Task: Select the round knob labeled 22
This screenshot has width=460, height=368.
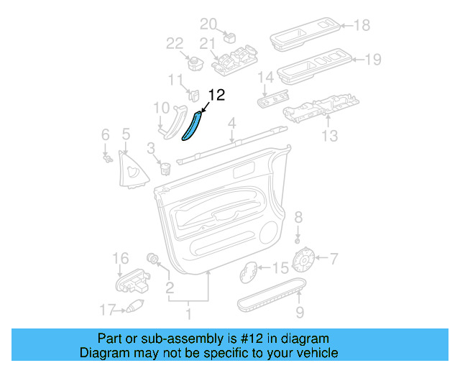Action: click(x=193, y=61)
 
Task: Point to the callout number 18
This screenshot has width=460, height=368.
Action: click(x=362, y=26)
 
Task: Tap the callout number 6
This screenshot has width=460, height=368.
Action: click(x=105, y=134)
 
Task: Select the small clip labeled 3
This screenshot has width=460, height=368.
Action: click(x=165, y=169)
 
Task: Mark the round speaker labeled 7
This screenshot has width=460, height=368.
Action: click(x=307, y=257)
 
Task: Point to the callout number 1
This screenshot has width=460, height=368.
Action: click(x=189, y=313)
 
